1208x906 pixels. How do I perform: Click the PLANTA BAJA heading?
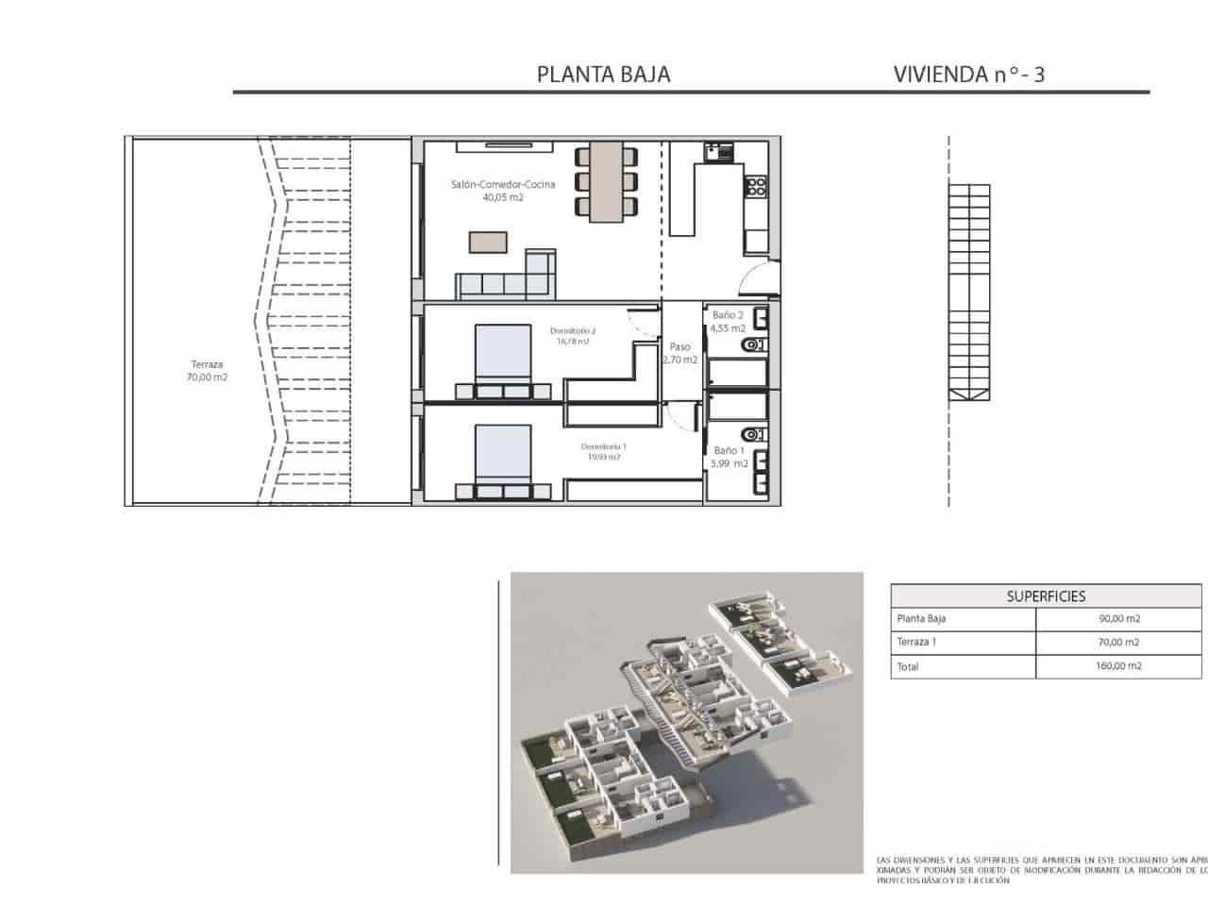pyautogui.click(x=603, y=75)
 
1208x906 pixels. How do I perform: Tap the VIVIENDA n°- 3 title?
pyautogui.click(x=968, y=75)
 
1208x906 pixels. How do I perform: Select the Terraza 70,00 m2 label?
pyautogui.click(x=207, y=370)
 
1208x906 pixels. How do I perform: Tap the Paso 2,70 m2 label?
pyautogui.click(x=679, y=353)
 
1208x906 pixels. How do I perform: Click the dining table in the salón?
pyautogui.click(x=604, y=181)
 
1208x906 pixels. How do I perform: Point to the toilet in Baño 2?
pyautogui.click(x=753, y=345)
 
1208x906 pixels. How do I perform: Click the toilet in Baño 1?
pyautogui.click(x=753, y=434)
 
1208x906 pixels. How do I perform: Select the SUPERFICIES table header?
pyautogui.click(x=1046, y=596)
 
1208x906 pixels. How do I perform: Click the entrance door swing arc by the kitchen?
pyautogui.click(x=758, y=278)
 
